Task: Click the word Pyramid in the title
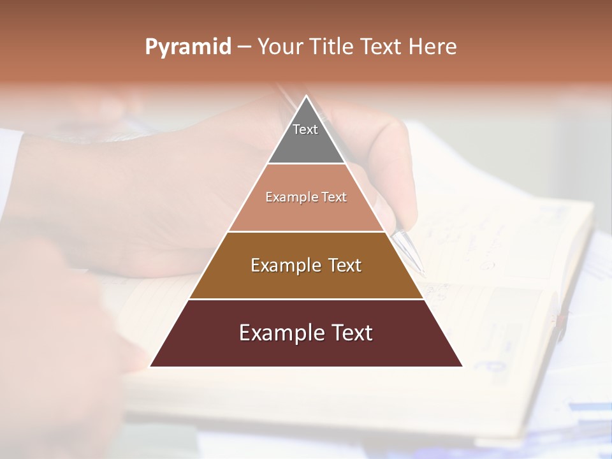[x=187, y=47]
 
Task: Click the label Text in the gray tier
[x=305, y=129]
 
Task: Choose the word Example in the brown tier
[x=285, y=265]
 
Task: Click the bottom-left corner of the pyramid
[x=151, y=366]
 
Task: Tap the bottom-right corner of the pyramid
[x=462, y=366]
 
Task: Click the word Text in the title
[x=382, y=47]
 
